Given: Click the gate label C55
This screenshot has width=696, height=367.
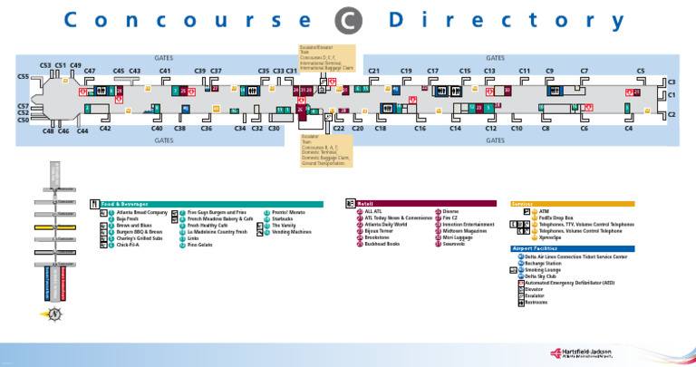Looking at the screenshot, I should [x=24, y=77].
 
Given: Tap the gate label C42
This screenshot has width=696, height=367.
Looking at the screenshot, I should [x=105, y=129].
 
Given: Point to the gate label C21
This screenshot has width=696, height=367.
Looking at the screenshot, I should [x=373, y=71].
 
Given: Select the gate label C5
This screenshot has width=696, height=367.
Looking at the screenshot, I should [x=641, y=71].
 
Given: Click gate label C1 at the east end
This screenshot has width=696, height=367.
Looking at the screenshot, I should [x=672, y=94].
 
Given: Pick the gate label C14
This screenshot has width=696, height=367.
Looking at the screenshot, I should [x=456, y=129].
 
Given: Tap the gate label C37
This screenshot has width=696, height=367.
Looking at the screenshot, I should [x=216, y=71].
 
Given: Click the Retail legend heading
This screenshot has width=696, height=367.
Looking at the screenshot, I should [x=368, y=204].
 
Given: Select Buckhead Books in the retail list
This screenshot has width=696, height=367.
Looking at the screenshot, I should [x=382, y=244].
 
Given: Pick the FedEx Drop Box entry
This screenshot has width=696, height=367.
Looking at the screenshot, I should [x=556, y=218].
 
